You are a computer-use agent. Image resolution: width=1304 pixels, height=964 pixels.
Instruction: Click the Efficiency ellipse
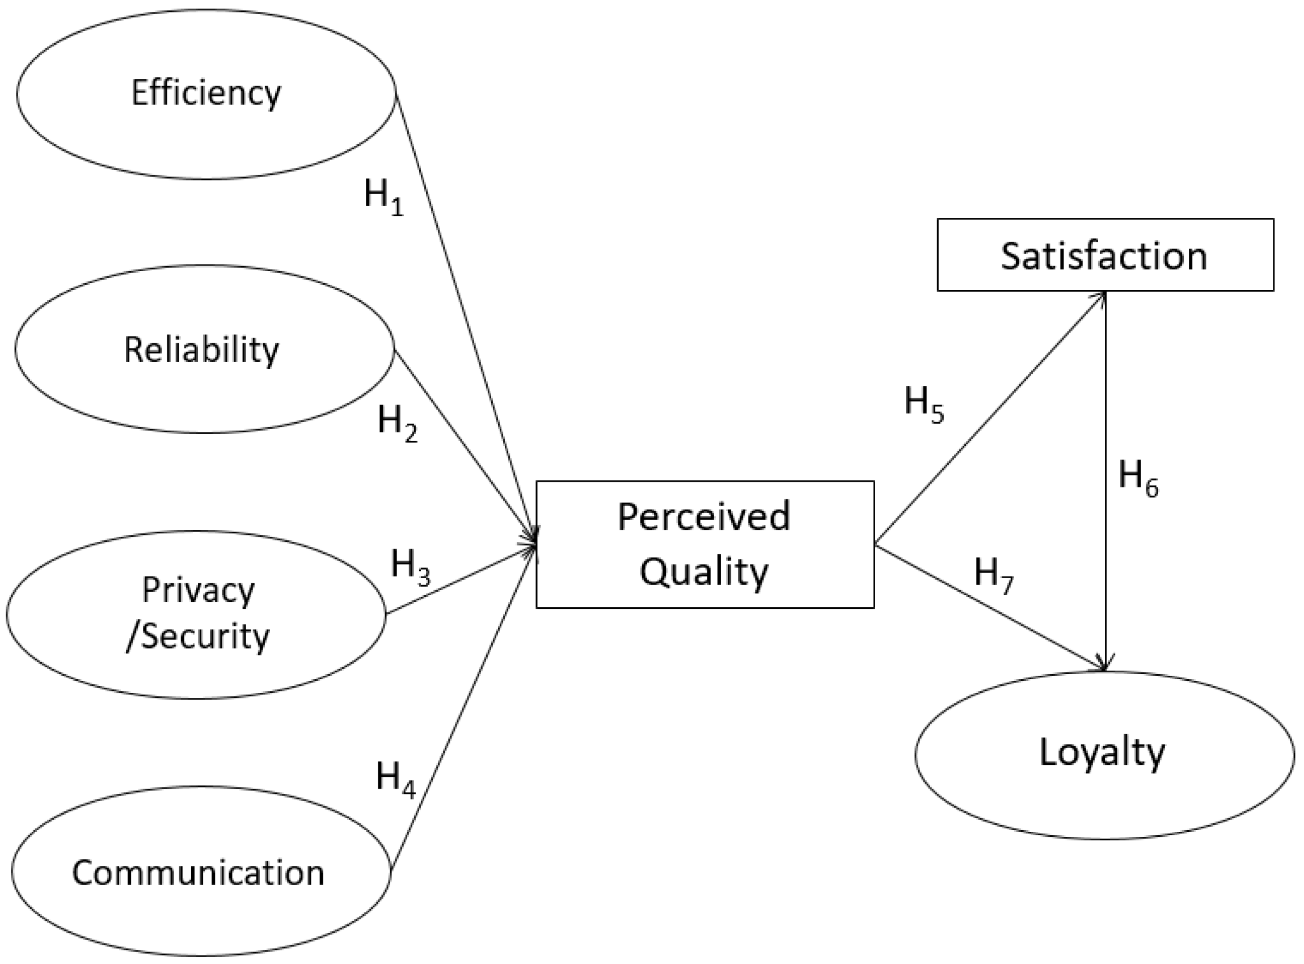click(206, 94)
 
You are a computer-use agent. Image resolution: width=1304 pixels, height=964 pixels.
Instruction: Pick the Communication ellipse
click(199, 873)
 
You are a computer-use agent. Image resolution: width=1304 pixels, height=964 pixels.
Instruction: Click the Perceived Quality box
click(704, 544)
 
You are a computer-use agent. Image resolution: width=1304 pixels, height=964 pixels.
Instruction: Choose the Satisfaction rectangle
click(1104, 255)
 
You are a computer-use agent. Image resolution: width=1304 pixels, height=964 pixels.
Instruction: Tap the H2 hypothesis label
click(397, 423)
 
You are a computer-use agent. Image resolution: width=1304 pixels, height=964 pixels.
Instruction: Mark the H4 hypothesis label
click(395, 779)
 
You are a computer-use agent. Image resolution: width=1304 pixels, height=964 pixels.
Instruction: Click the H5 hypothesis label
click(923, 405)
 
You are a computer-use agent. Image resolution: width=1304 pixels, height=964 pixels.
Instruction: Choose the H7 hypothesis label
click(993, 575)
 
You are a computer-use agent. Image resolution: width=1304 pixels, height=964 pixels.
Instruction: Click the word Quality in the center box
click(704, 572)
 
